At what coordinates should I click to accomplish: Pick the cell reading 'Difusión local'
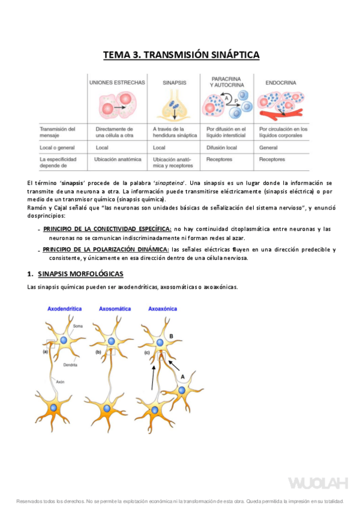click(x=223, y=147)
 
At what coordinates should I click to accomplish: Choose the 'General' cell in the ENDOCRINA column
click(x=269, y=147)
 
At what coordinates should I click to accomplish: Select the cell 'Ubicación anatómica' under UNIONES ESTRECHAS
click(x=118, y=160)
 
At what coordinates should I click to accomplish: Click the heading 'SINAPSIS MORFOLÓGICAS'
click(x=80, y=274)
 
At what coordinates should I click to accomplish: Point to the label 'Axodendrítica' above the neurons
click(x=65, y=309)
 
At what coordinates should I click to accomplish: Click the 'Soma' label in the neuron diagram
click(x=78, y=326)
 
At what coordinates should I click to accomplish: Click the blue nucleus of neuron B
click(x=159, y=343)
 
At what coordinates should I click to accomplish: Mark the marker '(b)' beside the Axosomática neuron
click(x=98, y=352)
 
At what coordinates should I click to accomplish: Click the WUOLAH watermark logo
click(x=317, y=483)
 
